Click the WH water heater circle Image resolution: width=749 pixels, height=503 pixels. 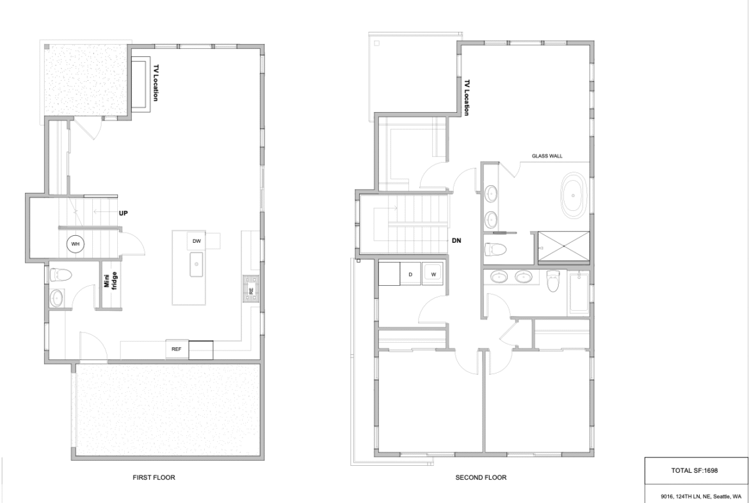75,244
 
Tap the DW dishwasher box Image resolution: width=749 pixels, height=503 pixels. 197,241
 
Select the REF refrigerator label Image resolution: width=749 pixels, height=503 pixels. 177,349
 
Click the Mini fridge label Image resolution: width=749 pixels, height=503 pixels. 111,280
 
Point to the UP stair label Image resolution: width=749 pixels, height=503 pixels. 124,213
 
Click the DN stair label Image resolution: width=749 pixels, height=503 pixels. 456,241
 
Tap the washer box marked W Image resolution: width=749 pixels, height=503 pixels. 433,274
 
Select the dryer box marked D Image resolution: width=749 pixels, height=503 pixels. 410,274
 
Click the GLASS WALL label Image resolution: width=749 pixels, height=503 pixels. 547,156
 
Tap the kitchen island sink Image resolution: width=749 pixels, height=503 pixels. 197,265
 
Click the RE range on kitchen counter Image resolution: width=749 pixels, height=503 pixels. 251,288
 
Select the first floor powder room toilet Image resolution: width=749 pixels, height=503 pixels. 61,275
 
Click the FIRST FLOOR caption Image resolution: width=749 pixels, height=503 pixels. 154,477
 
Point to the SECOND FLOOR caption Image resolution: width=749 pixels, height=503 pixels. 481,477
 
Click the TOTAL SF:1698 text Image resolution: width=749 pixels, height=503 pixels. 694,470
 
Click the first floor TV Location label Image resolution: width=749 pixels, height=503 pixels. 156,83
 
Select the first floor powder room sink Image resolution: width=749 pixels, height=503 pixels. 56,298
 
